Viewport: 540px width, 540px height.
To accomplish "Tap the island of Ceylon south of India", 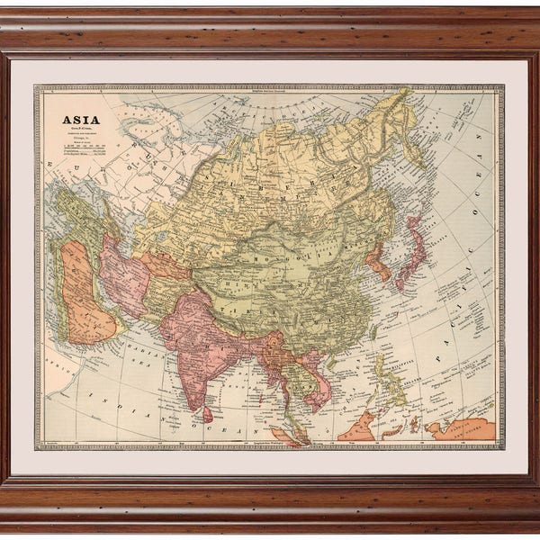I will pyautogui.click(x=208, y=413).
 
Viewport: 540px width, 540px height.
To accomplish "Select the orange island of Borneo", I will pyautogui.click(x=360, y=423).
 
